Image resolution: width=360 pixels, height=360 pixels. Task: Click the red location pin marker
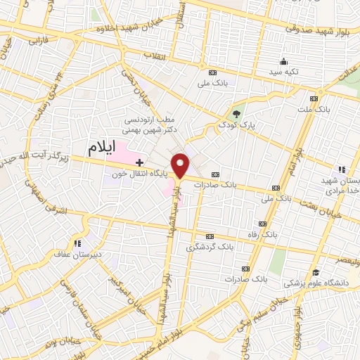point(181,166)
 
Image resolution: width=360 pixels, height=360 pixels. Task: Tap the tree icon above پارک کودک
point(237,113)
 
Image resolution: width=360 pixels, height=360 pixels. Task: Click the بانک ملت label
point(314,110)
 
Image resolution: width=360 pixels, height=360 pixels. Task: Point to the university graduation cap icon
point(316,272)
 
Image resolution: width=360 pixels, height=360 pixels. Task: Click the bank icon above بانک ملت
point(314,98)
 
